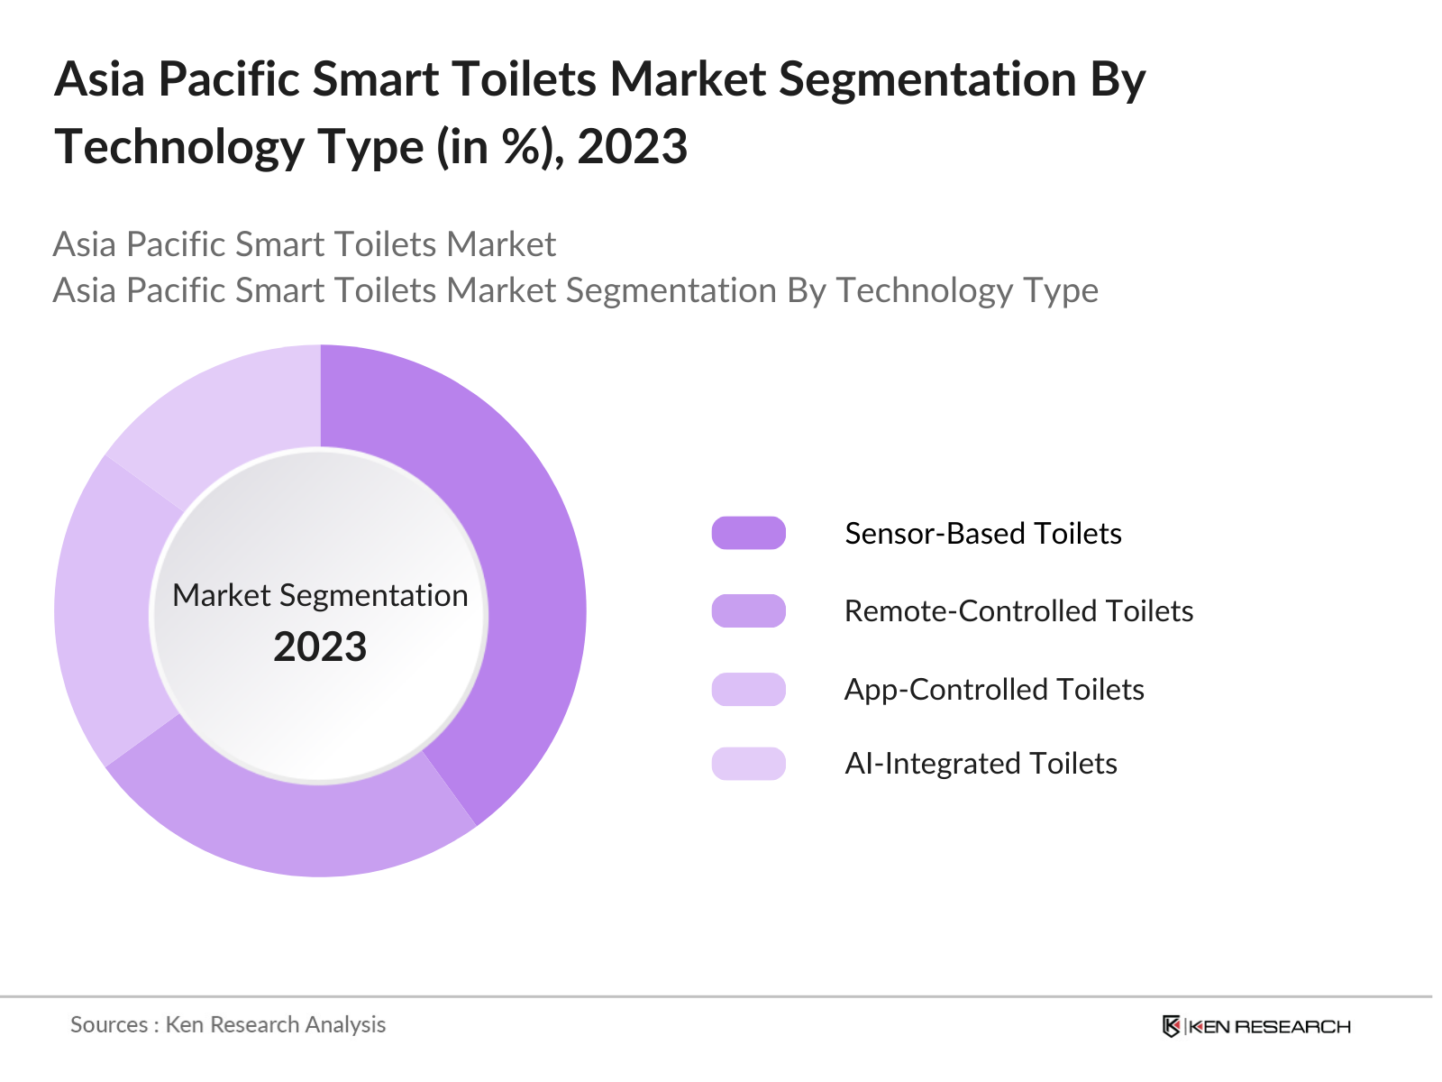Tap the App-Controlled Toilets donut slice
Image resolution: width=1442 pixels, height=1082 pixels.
[104, 613]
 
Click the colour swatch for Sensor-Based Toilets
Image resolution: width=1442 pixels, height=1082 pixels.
[748, 533]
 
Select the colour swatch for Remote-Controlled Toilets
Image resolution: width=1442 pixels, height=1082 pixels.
[748, 610]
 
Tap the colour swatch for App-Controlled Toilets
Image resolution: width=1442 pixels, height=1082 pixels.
[748, 689]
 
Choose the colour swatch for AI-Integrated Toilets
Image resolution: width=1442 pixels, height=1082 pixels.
[748, 763]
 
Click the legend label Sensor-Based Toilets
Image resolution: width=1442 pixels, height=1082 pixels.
[982, 533]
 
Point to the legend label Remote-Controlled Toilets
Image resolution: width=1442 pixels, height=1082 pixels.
[1018, 610]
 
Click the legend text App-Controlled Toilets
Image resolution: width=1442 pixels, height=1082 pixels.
[993, 689]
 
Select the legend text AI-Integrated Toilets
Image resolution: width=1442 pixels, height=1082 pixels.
[981, 763]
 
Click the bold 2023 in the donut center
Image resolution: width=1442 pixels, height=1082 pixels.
[320, 646]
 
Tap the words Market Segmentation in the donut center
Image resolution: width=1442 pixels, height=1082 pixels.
[320, 595]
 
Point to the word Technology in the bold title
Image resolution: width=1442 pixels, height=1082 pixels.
[178, 146]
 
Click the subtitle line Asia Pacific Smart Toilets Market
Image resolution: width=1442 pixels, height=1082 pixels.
[305, 244]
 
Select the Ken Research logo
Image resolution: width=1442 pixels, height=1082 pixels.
[1255, 1026]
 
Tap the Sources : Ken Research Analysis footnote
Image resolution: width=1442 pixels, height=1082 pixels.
[228, 1024]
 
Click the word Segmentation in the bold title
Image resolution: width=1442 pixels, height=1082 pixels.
[927, 79]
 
